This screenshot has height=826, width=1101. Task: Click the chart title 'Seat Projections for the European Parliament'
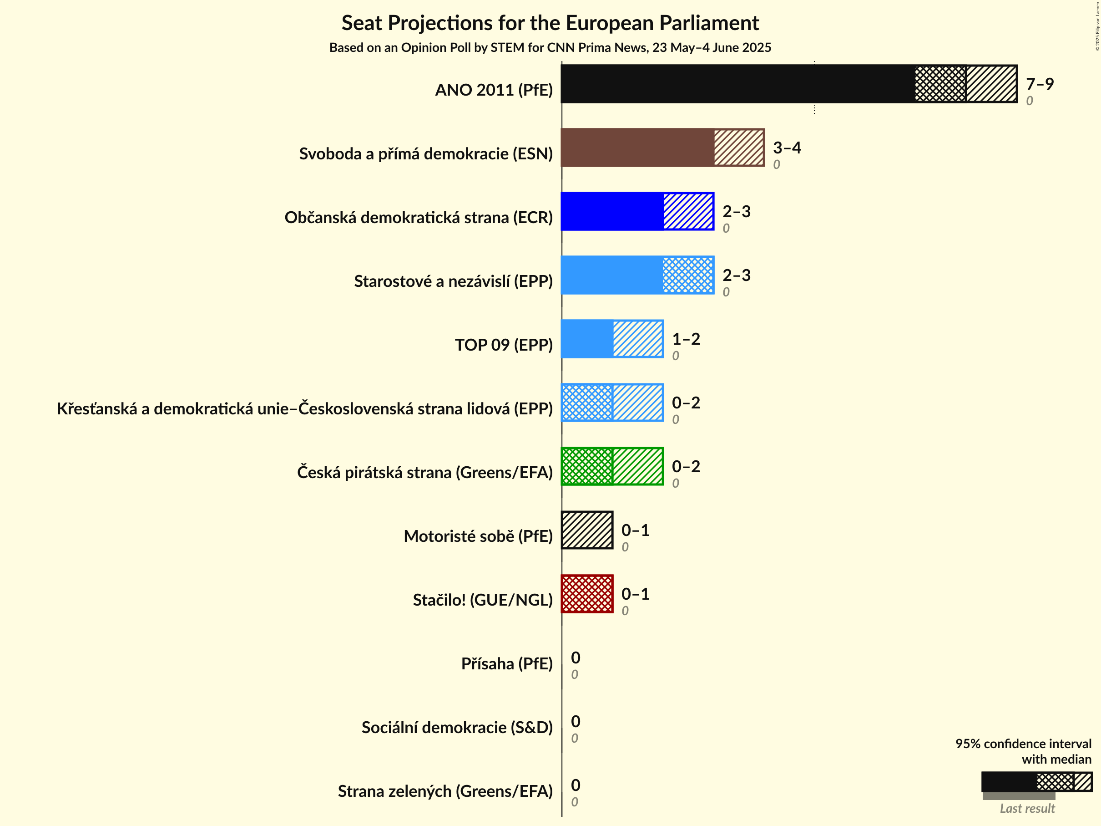point(550,23)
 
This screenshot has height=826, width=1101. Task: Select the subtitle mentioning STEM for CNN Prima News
point(550,47)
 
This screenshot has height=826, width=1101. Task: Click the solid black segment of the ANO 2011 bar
point(737,84)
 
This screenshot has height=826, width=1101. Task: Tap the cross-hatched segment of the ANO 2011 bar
point(940,84)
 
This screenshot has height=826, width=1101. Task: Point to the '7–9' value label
point(1039,84)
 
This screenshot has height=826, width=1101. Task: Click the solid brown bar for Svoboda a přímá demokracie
point(637,148)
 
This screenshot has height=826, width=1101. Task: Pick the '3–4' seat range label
point(787,148)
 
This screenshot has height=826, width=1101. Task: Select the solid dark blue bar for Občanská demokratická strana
point(612,211)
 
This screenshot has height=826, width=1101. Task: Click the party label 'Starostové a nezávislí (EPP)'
point(453,281)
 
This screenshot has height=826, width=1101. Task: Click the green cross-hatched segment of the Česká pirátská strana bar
point(587,466)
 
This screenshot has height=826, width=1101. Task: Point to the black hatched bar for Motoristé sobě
point(587,530)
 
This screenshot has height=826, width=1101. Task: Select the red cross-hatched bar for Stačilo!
point(587,594)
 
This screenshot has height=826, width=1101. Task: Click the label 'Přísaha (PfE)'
point(507,663)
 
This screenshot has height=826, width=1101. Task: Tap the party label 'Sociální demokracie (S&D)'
point(457,727)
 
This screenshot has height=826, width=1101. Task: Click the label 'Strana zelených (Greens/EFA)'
point(445,791)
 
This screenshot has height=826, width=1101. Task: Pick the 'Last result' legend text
point(1027,809)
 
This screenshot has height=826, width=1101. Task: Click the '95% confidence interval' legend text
point(1023,744)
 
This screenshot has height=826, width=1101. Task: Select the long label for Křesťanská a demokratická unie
point(305,408)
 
